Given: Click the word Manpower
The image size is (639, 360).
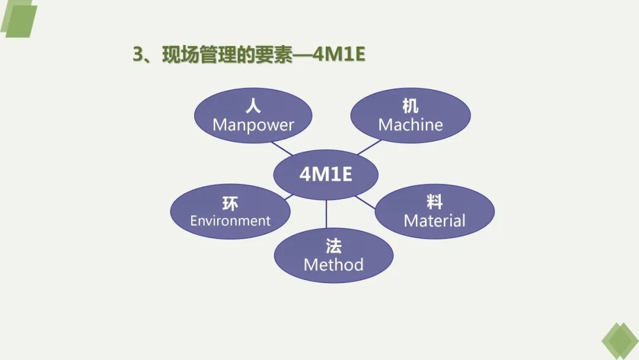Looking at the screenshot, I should click(253, 125).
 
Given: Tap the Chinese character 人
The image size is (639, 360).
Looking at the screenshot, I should click(253, 107).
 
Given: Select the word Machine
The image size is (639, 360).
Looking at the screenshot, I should click(411, 125).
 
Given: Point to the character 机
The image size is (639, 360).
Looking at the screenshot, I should click(411, 107).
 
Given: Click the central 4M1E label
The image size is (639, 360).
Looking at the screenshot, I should click(326, 174).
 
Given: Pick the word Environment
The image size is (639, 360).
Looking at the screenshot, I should click(230, 221).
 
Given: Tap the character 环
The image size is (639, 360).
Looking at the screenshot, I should click(230, 204).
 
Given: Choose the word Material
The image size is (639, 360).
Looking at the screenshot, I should click(434, 221).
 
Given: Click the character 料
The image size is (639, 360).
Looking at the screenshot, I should click(434, 202).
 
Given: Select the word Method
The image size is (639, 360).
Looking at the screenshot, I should click(333, 264).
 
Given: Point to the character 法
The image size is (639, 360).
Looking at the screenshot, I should click(333, 246).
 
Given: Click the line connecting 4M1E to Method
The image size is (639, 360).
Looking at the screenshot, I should click(327, 214).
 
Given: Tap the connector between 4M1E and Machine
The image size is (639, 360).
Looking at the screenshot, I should click(369, 147).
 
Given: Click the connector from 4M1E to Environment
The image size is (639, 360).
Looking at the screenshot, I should click(288, 196).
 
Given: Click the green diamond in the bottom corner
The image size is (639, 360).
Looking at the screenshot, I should click(619, 341).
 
